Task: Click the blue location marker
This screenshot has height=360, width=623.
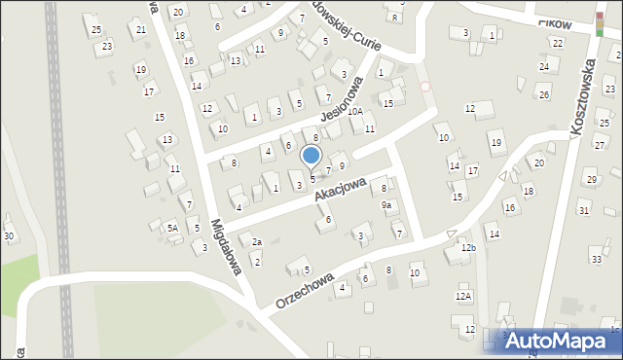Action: pos(311,156)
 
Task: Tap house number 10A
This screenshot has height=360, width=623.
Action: pos(355,112)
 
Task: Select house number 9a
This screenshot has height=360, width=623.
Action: pos(386,205)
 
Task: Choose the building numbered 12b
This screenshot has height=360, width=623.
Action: pos(469,248)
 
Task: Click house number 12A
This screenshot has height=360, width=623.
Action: pos(463,296)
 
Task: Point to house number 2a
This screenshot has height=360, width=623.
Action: pos(257,242)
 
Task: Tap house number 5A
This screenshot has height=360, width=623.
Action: pos(172,228)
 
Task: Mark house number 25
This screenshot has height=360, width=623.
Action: pos(96,29)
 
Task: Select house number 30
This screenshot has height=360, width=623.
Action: pos(9,236)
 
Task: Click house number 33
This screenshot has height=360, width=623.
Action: pos(597,259)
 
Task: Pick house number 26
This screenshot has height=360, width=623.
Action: pos(544,94)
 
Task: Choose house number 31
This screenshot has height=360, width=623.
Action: pos(584,211)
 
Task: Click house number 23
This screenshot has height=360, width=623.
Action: pos(106,47)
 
